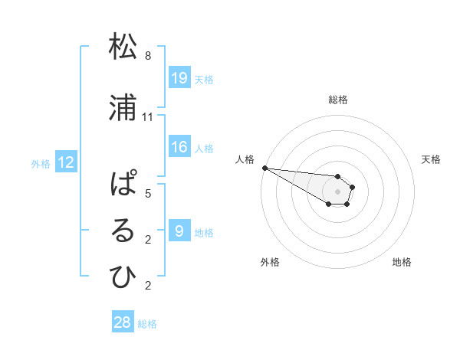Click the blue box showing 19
[x=179, y=78]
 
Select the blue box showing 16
[x=179, y=147]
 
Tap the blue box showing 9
[x=179, y=231]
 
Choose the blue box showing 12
[x=66, y=162]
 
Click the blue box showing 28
[x=123, y=322]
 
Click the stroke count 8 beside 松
[x=148, y=56]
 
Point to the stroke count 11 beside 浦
[x=148, y=117]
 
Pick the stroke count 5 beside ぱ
[x=148, y=194]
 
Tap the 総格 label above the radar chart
[x=338, y=100]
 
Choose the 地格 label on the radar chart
[x=402, y=262]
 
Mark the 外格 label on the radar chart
[x=270, y=262]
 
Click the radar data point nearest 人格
[x=264, y=168]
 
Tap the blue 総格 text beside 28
[x=147, y=324]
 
